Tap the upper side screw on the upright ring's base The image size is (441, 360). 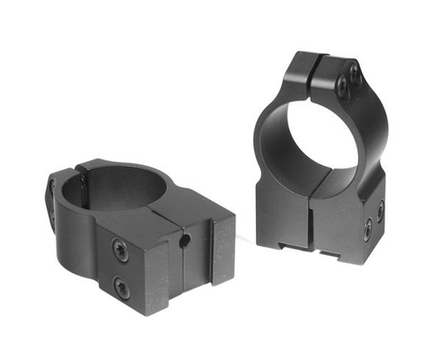pos(379,211)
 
